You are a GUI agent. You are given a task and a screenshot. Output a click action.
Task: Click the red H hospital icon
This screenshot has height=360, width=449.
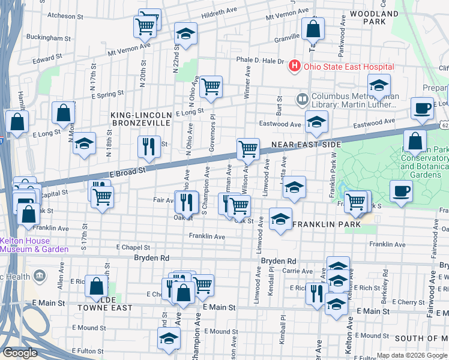295,66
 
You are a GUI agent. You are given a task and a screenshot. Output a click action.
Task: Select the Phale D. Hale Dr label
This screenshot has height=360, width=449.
260,61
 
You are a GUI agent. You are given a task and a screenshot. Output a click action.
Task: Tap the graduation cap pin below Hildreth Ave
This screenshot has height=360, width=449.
186,34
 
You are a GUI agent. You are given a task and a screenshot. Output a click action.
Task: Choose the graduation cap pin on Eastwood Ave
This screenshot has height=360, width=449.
316,122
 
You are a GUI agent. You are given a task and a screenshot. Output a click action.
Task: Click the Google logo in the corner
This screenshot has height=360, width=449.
20,353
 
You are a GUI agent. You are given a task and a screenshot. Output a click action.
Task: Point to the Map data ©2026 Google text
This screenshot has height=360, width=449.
412,355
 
